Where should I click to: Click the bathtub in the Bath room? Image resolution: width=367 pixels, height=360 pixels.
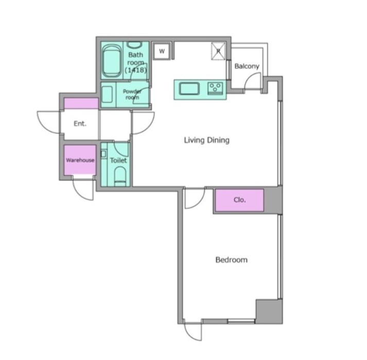point(112,61)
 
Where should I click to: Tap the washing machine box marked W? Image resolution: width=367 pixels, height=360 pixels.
point(162,51)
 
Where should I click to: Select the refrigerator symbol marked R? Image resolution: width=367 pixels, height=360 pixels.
point(218,51)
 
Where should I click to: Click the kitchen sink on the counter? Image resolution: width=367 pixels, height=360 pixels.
point(189,89)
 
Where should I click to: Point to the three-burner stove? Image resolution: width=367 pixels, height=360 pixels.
point(215,88)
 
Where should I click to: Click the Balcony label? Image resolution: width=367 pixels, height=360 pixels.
point(247,66)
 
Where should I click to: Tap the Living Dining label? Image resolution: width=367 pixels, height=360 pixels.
point(207,140)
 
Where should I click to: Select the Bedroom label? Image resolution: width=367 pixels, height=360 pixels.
point(231,260)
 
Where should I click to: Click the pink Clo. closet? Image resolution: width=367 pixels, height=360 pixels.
point(239,200)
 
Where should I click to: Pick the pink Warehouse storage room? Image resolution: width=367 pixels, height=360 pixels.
point(80,160)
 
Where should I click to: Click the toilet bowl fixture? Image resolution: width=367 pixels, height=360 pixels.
point(120,176)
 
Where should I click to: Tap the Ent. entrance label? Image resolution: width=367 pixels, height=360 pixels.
point(80,123)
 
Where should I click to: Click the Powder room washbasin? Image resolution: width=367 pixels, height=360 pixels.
point(107,94)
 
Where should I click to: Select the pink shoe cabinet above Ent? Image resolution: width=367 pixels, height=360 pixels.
point(81,103)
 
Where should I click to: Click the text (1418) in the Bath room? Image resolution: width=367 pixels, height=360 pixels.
point(136,70)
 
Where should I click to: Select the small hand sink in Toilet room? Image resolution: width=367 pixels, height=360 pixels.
point(103,154)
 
